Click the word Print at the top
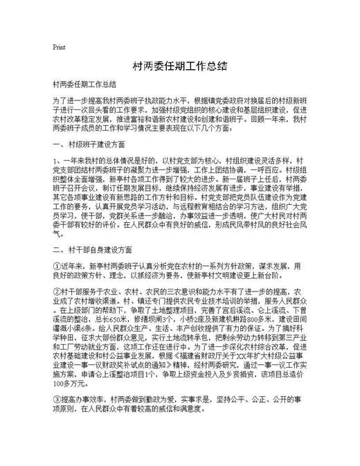coord(59,47)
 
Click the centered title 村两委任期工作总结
coord(179,67)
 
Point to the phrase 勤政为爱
coord(154,400)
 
